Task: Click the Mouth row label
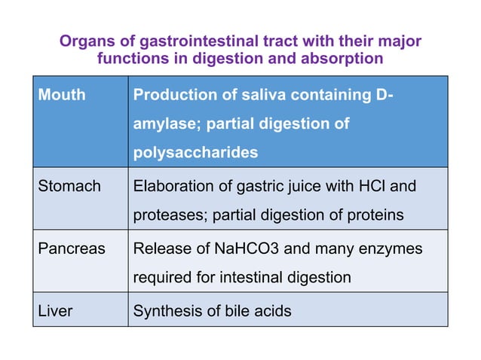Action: [x=62, y=96]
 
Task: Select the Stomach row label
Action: [x=69, y=186]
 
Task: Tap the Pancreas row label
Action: [x=72, y=249]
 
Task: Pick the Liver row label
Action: [x=56, y=310]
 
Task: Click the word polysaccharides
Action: [x=195, y=152]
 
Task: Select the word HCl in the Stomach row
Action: [x=366, y=186]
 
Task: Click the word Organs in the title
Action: [x=85, y=41]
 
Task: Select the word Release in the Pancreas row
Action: [x=158, y=249]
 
